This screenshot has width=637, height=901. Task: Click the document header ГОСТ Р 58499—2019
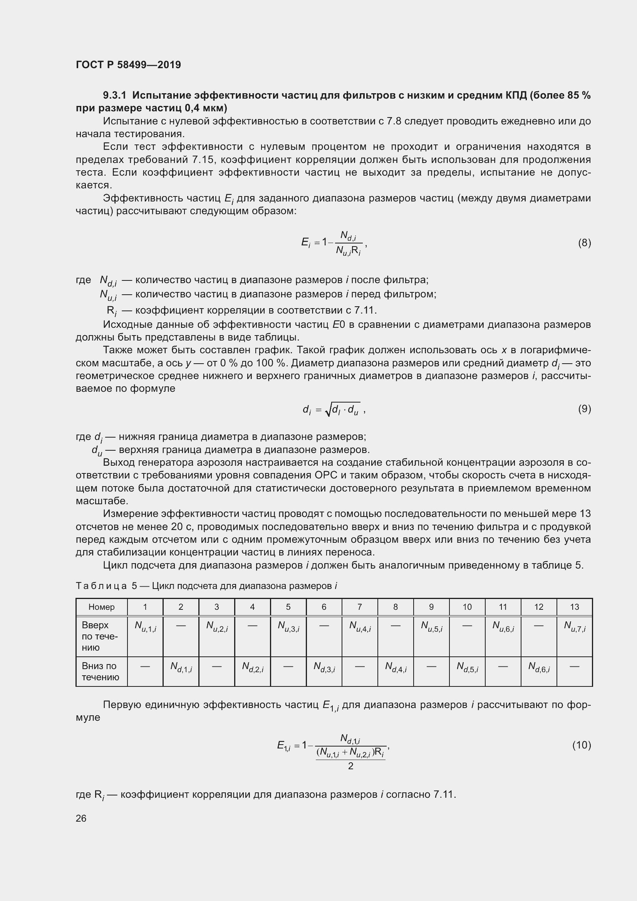[128, 65]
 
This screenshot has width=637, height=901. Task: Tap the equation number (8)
[584, 243]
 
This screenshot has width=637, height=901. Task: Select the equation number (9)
[584, 409]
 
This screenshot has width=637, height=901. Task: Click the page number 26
[81, 818]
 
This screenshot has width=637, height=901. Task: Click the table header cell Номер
[102, 607]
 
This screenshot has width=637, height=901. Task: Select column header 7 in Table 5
[359, 607]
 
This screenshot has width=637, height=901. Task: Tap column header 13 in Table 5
[574, 607]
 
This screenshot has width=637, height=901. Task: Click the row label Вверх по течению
[100, 636]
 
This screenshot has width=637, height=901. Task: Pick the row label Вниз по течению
[101, 671]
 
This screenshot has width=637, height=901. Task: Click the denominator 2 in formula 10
[351, 766]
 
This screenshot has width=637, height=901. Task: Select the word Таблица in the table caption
[101, 586]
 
